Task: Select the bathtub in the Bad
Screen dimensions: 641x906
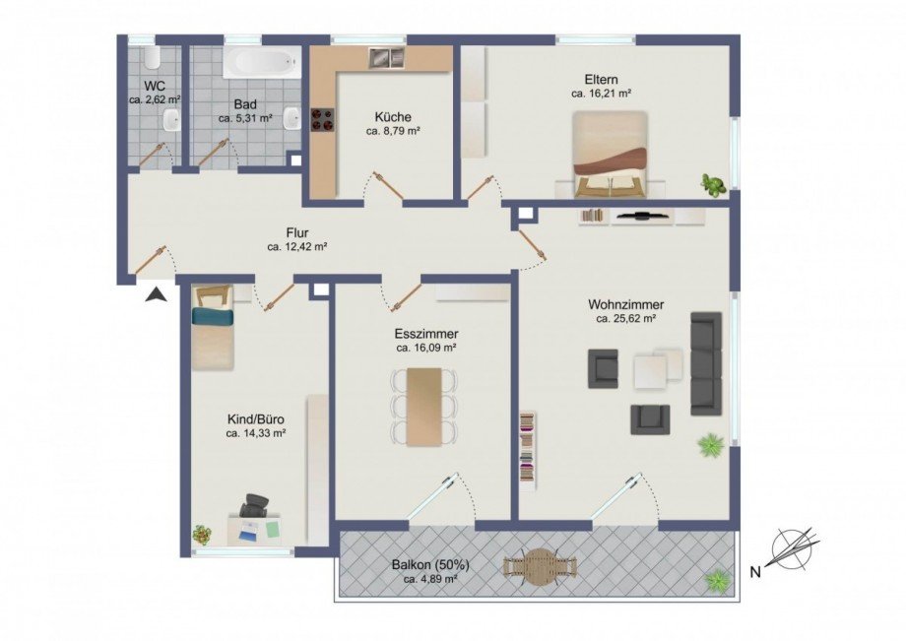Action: pos(260,64)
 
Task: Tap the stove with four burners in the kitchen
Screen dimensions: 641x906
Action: pos(322,119)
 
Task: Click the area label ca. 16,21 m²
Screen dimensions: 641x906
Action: pos(601,94)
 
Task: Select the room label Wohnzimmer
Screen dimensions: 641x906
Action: pos(625,304)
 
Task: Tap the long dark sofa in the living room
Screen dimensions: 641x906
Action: pos(706,363)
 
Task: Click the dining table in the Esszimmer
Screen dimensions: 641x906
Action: pos(425,406)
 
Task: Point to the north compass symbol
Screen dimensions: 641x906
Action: pos(794,547)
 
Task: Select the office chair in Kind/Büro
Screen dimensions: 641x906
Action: pos(256,506)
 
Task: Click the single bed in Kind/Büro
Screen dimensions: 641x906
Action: pos(213,328)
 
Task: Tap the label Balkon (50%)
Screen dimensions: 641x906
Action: pos(430,565)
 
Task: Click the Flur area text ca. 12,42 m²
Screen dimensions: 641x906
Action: pos(296,248)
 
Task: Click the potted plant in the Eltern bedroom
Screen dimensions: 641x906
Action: pos(712,184)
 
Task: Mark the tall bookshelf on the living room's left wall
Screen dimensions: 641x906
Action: pos(529,450)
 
